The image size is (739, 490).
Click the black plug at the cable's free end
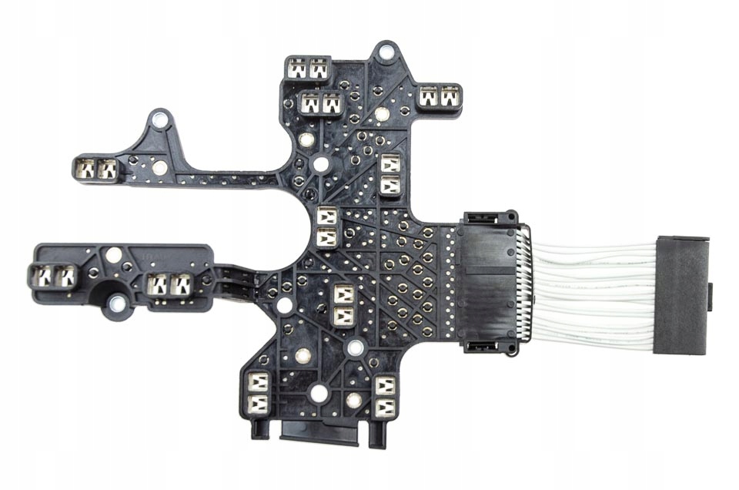pyautogui.click(x=681, y=294)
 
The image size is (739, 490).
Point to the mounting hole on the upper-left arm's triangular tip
pyautogui.click(x=159, y=119)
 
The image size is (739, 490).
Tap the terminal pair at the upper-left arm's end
pyautogui.click(x=95, y=168)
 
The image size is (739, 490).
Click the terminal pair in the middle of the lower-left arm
pyautogui.click(x=169, y=286)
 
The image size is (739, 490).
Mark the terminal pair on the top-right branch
pyautogui.click(x=438, y=97)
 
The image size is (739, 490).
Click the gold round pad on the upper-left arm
pyautogui.click(x=159, y=168)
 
